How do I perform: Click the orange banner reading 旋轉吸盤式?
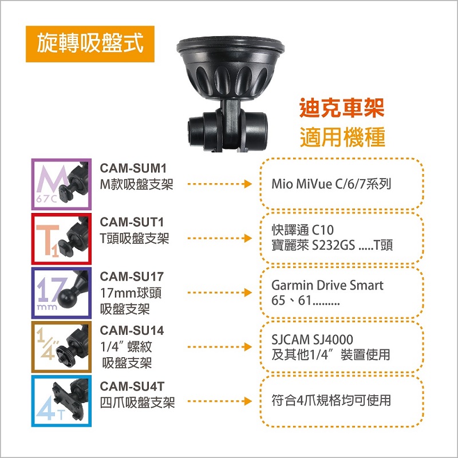click(90, 44)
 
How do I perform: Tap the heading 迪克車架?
click(342, 108)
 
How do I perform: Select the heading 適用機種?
click(342, 137)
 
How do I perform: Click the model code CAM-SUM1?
click(133, 168)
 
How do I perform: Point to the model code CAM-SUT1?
click(132, 222)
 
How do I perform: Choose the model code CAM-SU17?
click(132, 277)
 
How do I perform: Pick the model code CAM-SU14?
click(132, 331)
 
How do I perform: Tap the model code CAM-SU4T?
click(132, 386)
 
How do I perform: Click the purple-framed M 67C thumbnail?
click(61, 184)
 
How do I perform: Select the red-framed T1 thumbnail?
click(61, 239)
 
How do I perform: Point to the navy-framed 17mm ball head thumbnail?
click(61, 293)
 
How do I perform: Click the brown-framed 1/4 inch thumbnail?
click(61, 347)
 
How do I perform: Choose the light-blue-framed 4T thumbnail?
click(61, 401)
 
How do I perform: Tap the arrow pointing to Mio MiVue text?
click(220, 184)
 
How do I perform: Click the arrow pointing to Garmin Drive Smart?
click(220, 293)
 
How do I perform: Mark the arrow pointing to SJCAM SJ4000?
click(220, 347)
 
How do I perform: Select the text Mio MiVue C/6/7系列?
click(331, 184)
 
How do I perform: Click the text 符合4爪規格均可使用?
click(331, 400)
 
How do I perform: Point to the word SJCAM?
click(290, 339)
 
